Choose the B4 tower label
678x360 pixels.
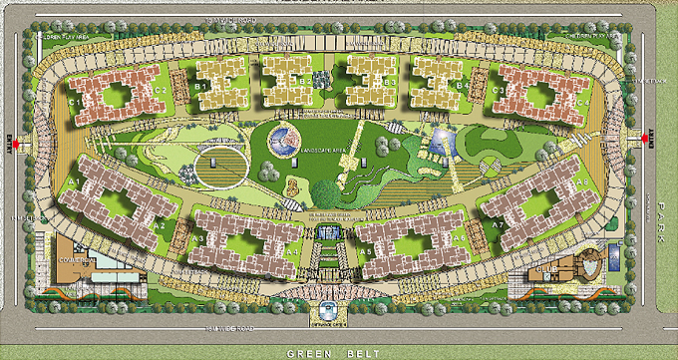pyautogui.click(x=461, y=87)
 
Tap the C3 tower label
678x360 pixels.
pyautogui.click(x=499, y=91)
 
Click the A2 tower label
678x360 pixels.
pyautogui.click(x=160, y=225)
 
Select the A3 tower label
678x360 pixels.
pyautogui.click(x=199, y=239)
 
